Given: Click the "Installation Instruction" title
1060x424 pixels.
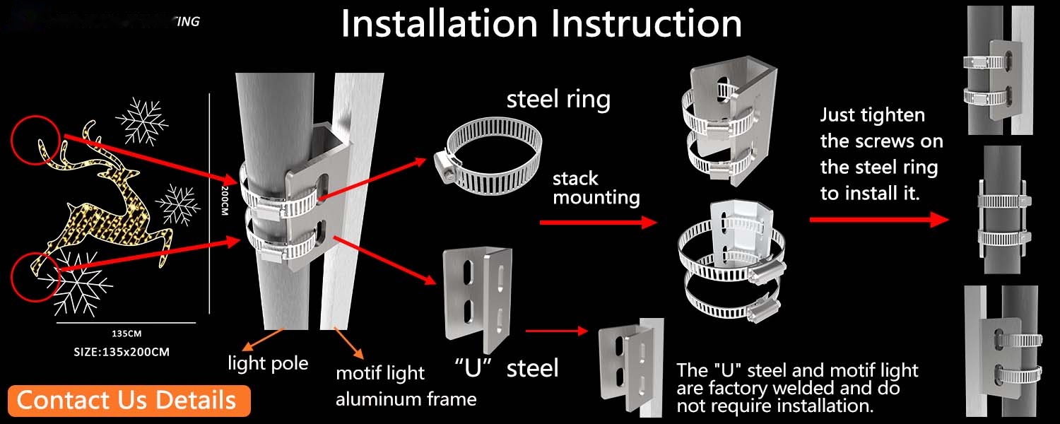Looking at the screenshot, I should (541, 23).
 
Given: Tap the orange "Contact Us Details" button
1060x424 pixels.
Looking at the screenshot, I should (126, 400).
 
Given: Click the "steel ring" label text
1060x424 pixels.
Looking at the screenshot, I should (558, 99).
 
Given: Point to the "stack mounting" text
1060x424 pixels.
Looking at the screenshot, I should (596, 187).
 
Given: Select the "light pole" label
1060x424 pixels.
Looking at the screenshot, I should (268, 363).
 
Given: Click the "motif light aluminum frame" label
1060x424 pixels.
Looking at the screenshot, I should (406, 386).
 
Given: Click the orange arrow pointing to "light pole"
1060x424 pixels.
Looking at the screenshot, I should (250, 342).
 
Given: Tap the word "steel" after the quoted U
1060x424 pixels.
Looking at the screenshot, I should (532, 367).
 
